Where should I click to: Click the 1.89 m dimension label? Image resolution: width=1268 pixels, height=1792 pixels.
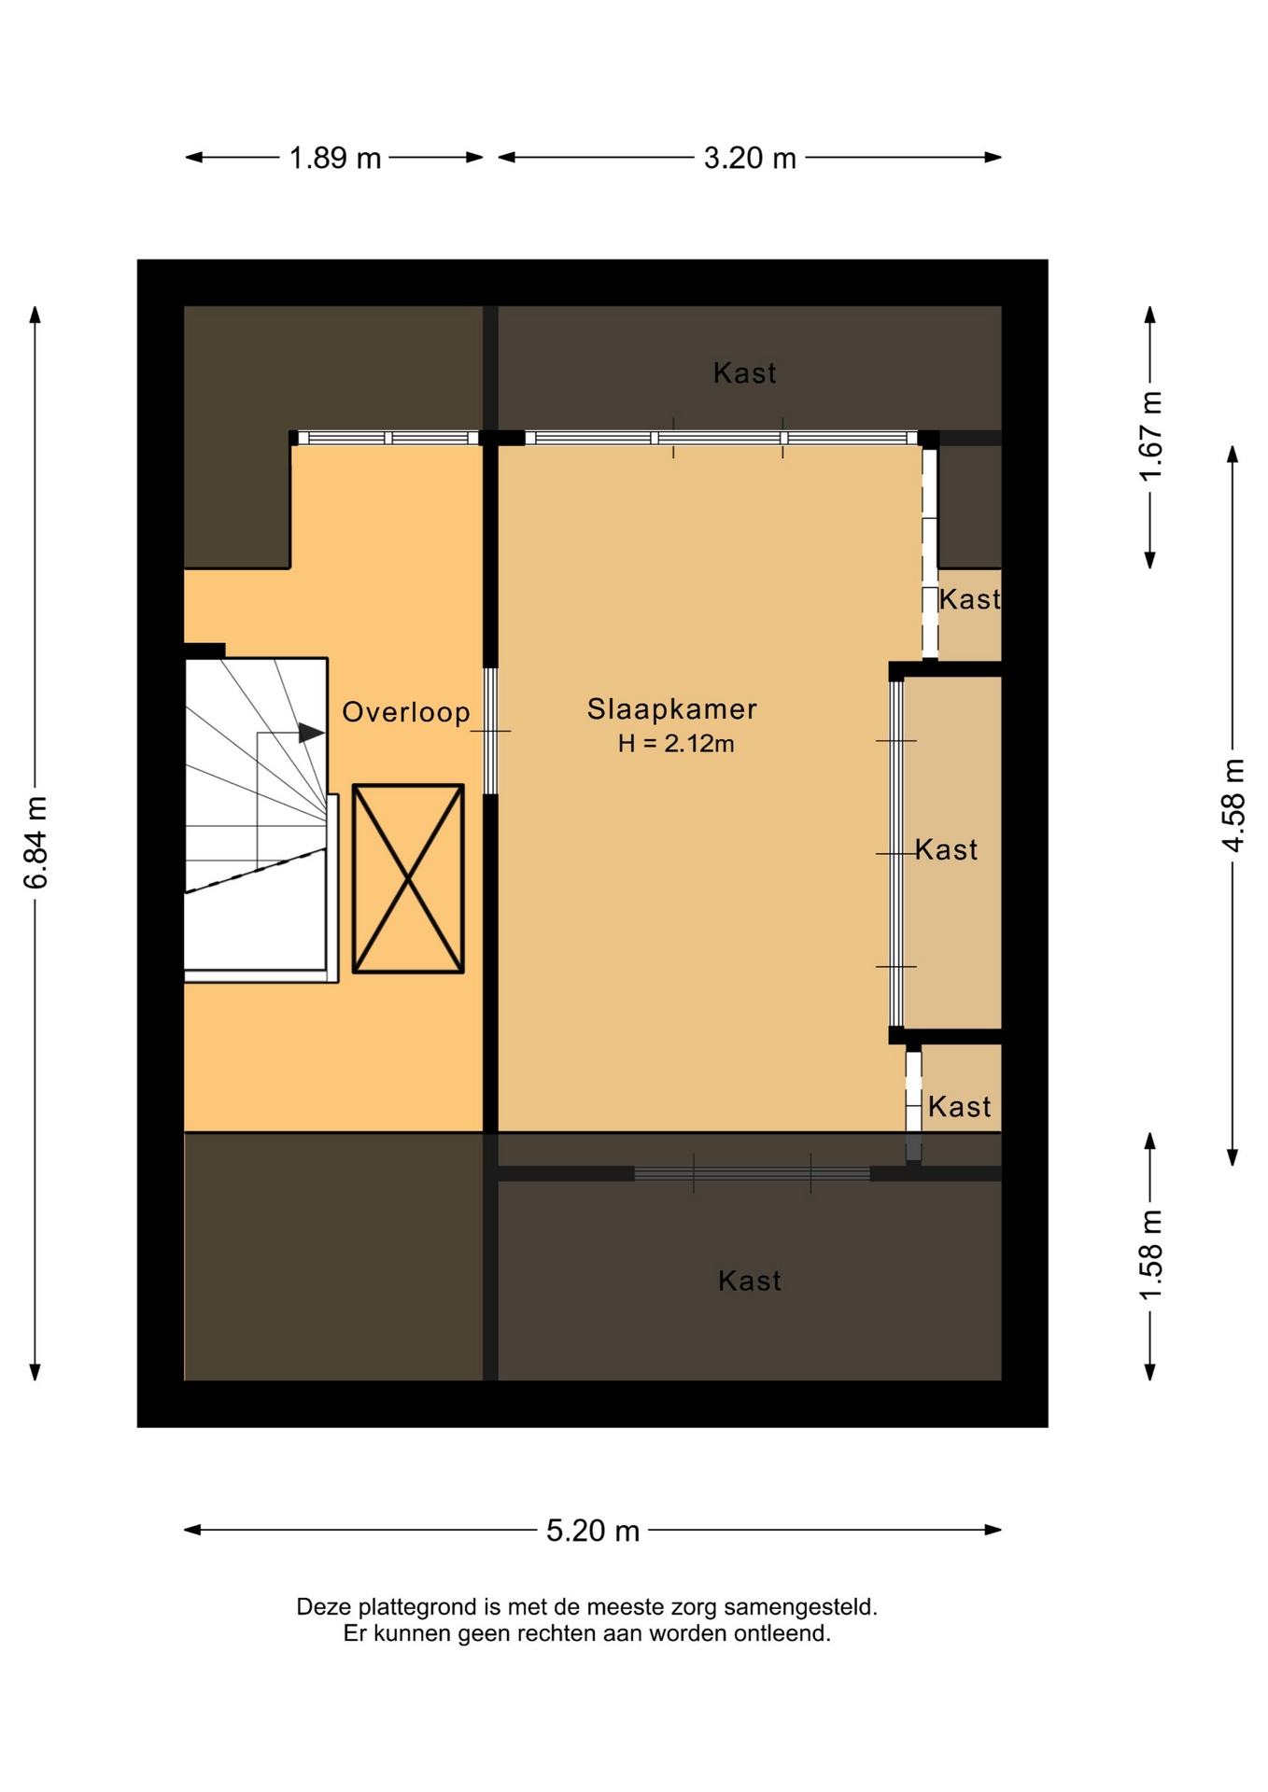[335, 158]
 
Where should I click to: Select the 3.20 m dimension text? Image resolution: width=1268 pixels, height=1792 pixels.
[750, 158]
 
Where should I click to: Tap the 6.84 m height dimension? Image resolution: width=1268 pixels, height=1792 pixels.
[35, 843]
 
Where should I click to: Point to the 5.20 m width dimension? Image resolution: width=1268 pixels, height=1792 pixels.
[593, 1531]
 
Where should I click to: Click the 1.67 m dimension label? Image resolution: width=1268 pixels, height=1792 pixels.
[1151, 436]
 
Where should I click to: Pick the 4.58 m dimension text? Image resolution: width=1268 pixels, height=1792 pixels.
[1233, 805]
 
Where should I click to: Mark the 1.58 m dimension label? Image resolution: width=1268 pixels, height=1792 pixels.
[1151, 1255]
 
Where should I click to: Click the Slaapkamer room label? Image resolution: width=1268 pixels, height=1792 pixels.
[671, 709]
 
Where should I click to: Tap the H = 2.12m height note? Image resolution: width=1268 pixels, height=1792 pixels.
[676, 744]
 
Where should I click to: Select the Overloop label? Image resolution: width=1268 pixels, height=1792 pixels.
[406, 712]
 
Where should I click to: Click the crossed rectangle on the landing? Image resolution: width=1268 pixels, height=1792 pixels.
[408, 878]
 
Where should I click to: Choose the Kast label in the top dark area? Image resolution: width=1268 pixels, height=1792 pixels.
[744, 373]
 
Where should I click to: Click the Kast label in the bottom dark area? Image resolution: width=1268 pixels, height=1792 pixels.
[750, 1281]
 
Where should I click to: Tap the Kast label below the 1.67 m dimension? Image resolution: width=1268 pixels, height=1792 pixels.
[969, 599]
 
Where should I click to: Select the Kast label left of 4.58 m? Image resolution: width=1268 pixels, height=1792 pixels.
[947, 849]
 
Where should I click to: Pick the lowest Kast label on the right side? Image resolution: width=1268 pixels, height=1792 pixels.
[959, 1107]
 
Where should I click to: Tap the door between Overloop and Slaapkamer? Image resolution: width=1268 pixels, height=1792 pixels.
[490, 731]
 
